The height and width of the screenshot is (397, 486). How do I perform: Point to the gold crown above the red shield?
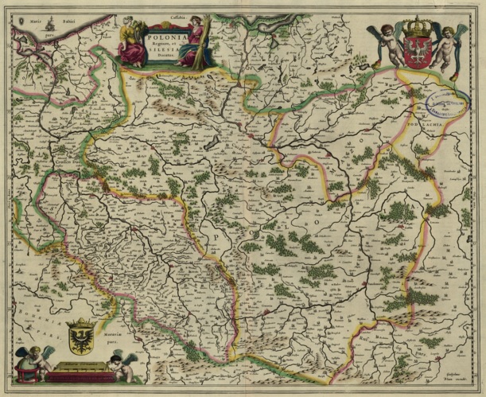416,29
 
